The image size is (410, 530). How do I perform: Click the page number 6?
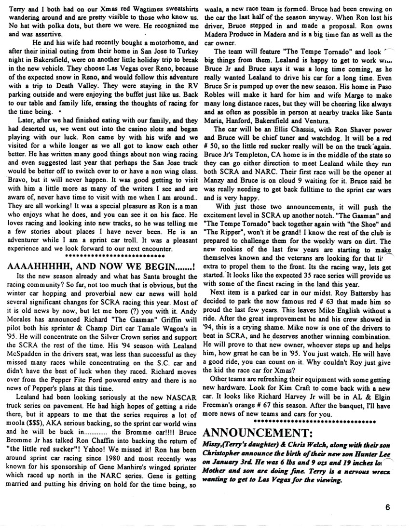(388, 506)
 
